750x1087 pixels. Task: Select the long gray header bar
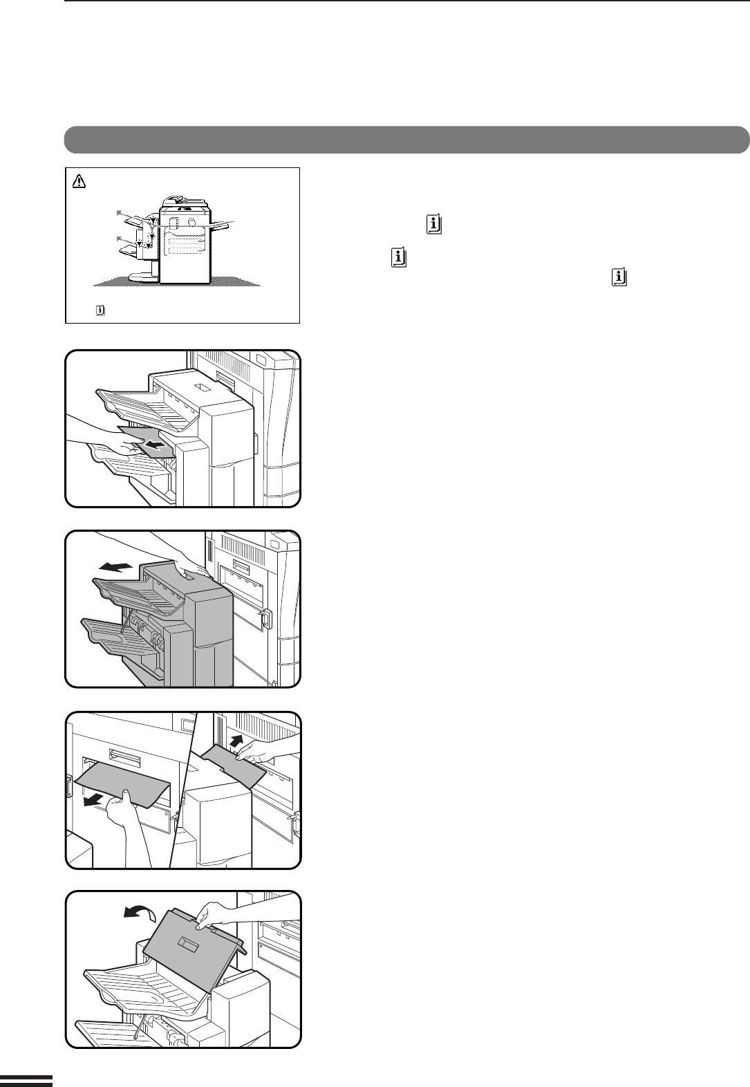coord(407,139)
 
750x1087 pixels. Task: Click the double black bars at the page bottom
coord(26,1081)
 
